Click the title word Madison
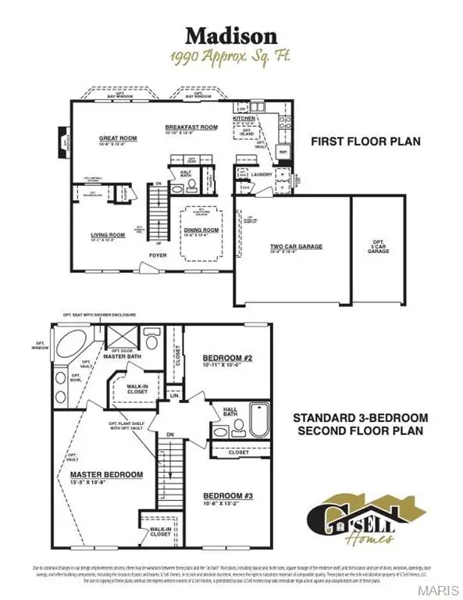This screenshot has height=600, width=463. click(x=231, y=35)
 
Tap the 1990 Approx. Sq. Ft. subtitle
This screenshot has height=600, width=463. click(x=231, y=57)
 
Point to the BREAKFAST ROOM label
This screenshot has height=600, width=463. click(x=191, y=127)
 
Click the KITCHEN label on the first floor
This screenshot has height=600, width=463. click(x=244, y=118)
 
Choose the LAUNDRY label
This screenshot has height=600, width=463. click(x=262, y=174)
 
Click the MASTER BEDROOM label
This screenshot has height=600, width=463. click(x=107, y=474)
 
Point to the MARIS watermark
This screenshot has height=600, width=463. click(x=440, y=589)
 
